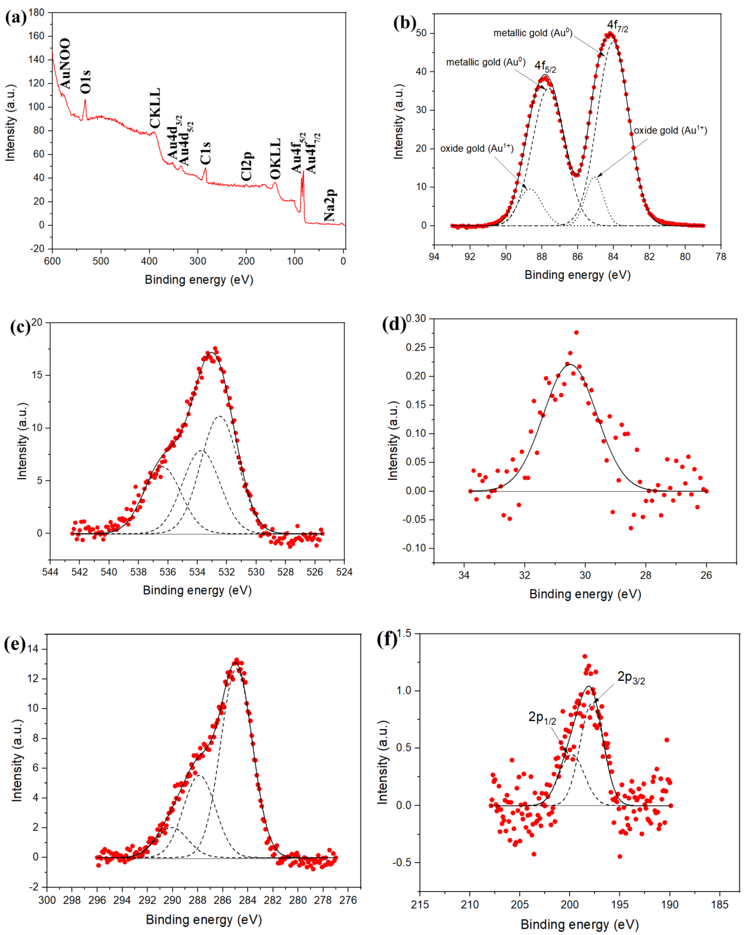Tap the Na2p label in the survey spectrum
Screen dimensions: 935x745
330,205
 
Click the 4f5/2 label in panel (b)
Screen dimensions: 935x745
545,66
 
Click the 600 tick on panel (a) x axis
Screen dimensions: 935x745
52,261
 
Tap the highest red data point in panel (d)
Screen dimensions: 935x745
576,333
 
